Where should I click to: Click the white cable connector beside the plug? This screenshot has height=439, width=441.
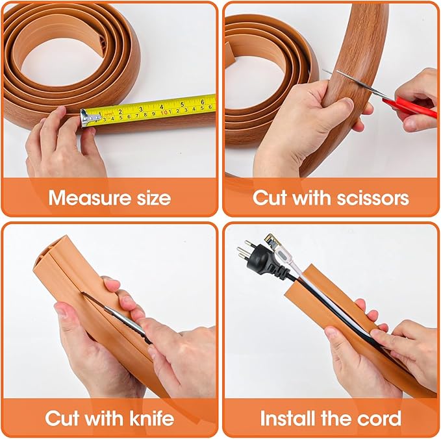[x=277, y=247]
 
